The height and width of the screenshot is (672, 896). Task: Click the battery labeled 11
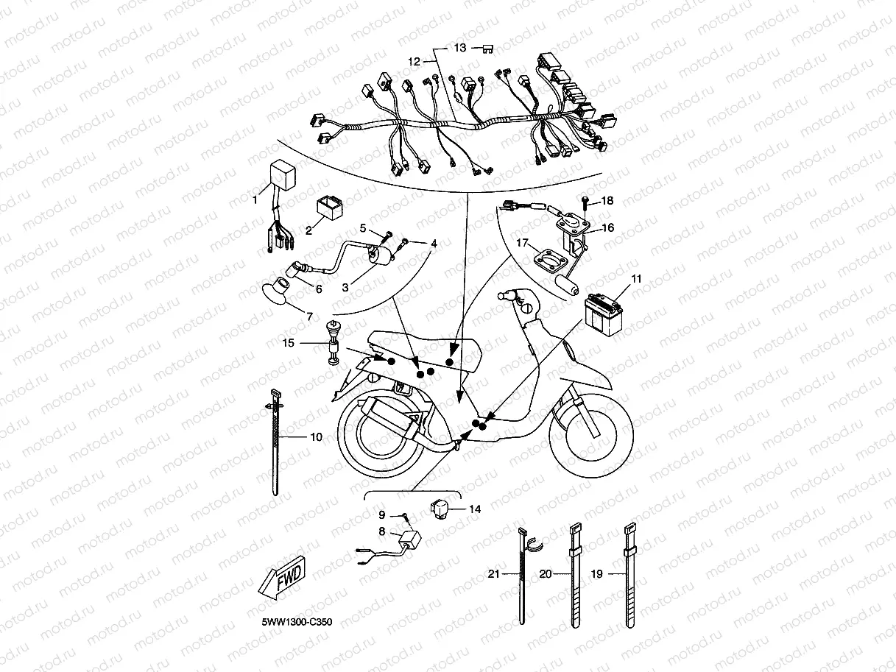tap(604, 315)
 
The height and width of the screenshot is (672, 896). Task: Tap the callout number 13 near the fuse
tap(460, 48)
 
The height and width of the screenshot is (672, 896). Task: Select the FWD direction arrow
tap(282, 577)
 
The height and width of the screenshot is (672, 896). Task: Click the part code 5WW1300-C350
tap(297, 622)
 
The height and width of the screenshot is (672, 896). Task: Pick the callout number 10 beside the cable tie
tap(317, 437)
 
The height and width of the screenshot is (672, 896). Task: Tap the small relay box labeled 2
tap(330, 208)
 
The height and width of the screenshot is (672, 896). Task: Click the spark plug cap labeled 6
tap(292, 270)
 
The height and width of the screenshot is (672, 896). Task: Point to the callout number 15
tap(288, 343)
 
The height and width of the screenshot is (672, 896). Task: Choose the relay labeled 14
tap(440, 510)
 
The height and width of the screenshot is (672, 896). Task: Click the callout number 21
tap(494, 573)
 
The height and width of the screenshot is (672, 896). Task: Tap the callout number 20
tap(546, 573)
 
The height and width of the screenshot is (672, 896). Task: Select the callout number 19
tap(597, 573)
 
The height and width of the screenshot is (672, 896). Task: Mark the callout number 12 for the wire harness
tap(414, 62)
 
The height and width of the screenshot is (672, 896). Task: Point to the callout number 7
tap(309, 316)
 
